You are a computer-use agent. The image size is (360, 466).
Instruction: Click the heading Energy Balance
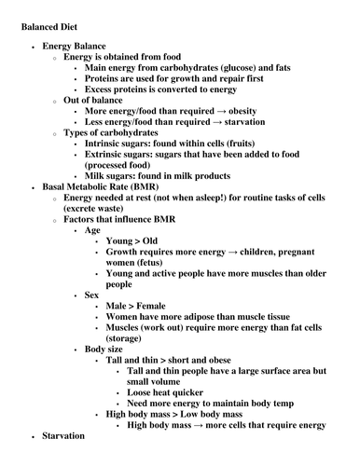coord(74,46)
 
